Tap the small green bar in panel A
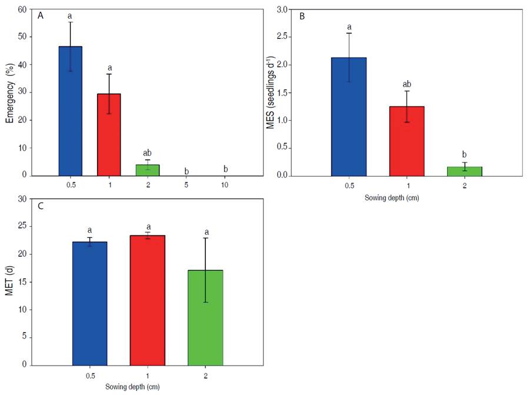click(147, 170)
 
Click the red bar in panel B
click(406, 141)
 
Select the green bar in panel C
click(205, 317)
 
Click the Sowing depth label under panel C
click(133, 387)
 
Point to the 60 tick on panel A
click(23, 9)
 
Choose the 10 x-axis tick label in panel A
click(225, 184)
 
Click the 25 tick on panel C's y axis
click(23, 227)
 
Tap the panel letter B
click(302, 16)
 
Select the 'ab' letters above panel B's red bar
click(406, 84)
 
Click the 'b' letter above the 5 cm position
click(186, 171)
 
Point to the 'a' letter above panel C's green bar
click(205, 228)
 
